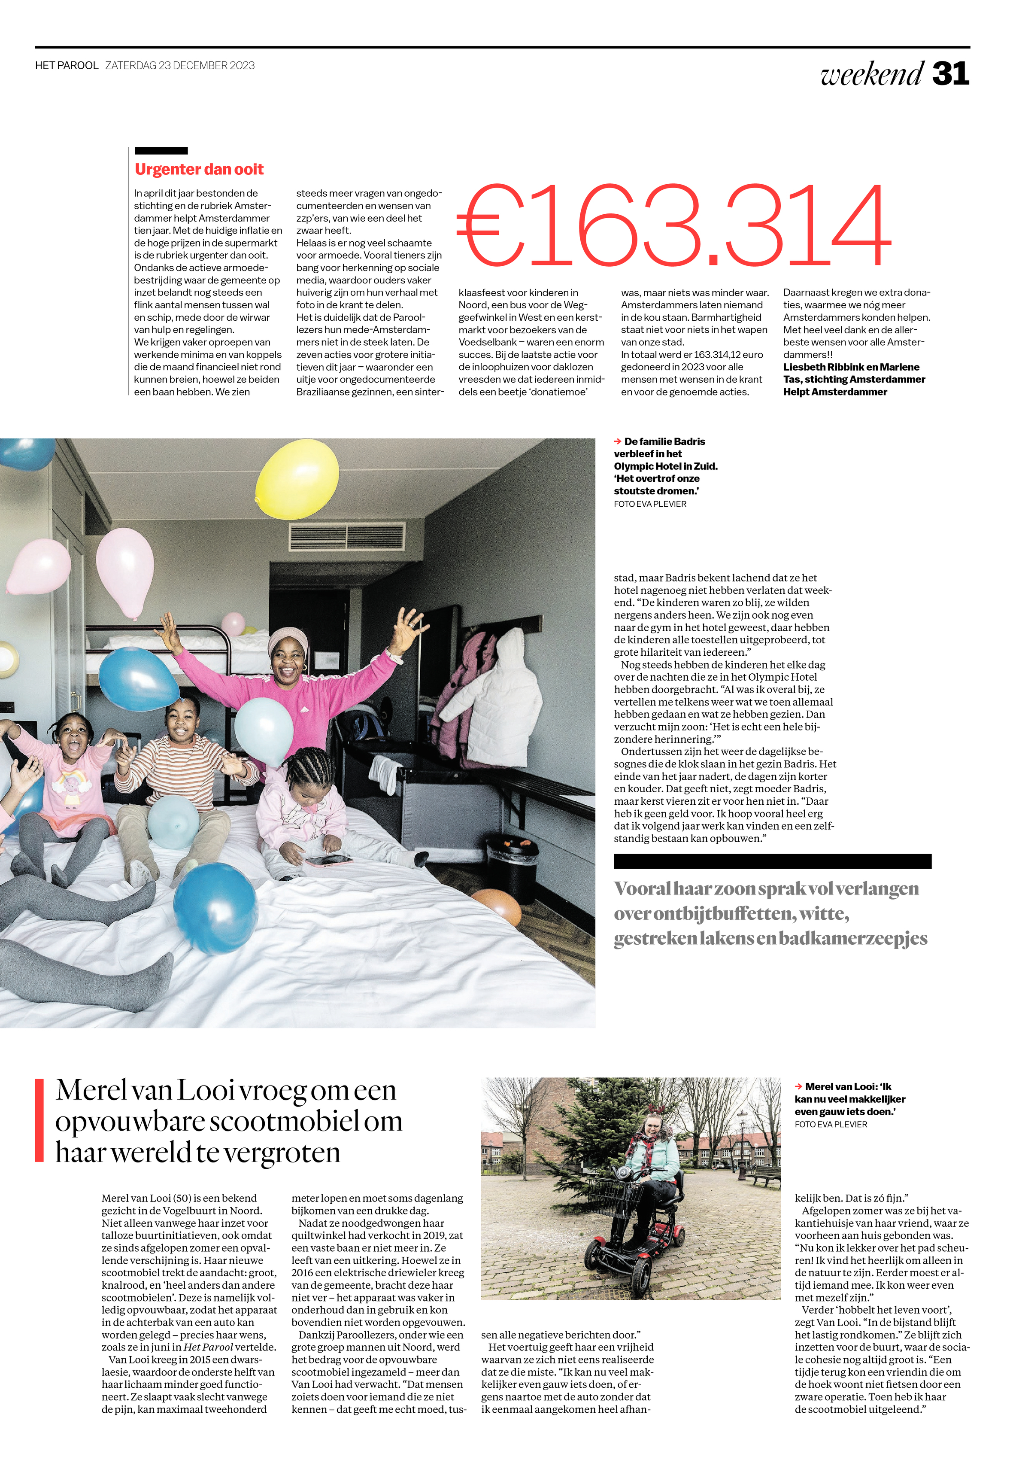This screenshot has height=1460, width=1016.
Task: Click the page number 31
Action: click(950, 74)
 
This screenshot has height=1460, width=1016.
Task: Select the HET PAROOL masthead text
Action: click(67, 66)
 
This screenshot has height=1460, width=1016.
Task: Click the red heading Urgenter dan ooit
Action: click(199, 169)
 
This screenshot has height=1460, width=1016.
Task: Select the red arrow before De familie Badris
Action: click(617, 441)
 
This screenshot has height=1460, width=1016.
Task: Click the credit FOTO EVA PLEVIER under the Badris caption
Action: click(650, 504)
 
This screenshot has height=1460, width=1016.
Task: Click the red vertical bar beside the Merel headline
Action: click(39, 1120)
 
